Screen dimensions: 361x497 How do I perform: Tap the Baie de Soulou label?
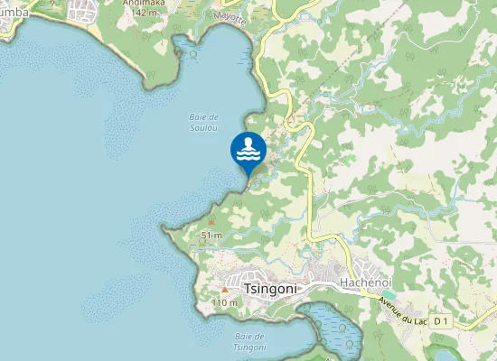coord(204,123)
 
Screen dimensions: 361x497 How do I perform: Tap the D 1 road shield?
coord(441,320)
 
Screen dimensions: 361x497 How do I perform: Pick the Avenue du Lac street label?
coord(403,310)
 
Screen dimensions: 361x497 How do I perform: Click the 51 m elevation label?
coord(211,235)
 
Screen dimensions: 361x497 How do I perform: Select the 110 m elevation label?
coord(223,302)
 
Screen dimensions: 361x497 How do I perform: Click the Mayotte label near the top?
coord(230,17)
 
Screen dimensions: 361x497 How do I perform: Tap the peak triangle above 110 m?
coord(224,290)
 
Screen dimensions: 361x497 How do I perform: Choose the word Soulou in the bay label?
coord(204,128)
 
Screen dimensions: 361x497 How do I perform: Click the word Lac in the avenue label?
coord(420,319)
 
